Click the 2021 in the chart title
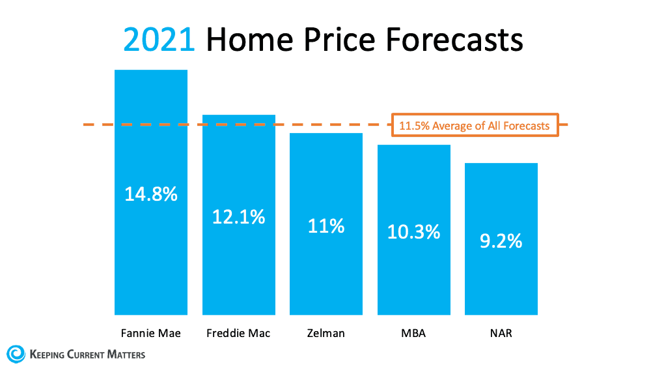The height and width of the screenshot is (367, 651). tap(159, 40)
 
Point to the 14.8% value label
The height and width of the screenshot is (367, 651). tap(151, 194)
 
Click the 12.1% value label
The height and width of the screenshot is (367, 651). tap(239, 216)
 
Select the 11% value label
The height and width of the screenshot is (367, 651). tap(326, 226)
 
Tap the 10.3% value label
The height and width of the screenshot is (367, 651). tap(414, 231)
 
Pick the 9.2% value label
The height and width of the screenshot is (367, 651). tap(501, 241)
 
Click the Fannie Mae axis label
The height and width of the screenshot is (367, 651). tap(151, 333)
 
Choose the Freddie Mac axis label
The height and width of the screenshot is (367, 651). tap(239, 333)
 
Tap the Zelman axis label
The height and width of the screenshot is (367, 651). tap(326, 333)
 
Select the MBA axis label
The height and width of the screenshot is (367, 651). tap(414, 333)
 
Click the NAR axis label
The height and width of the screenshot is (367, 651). tap(501, 333)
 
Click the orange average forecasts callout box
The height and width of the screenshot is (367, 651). tap(475, 125)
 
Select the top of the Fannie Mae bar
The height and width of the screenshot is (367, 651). tap(151, 70)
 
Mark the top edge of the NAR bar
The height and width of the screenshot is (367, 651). tap(501, 164)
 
